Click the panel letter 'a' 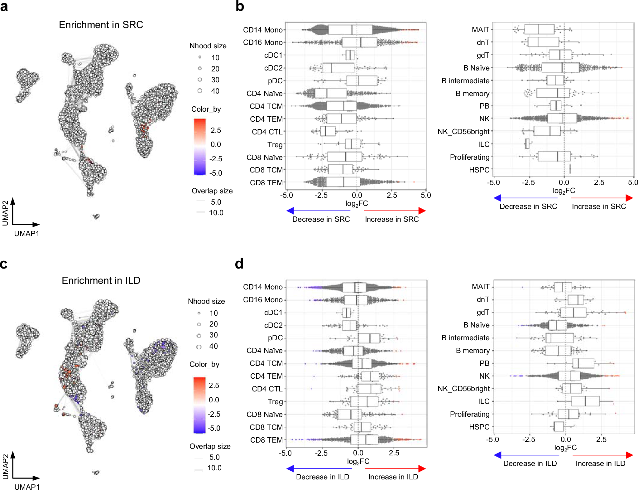tap(4, 7)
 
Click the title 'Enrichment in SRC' tap(101, 25)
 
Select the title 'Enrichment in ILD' tap(101, 280)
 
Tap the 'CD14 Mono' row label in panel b tap(262, 30)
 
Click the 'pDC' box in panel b tap(362, 81)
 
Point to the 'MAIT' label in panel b tap(480, 30)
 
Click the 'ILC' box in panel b tap(527, 144)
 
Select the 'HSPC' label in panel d tap(479, 427)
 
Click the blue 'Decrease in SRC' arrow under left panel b tap(318, 211)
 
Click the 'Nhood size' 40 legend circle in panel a tap(200, 91)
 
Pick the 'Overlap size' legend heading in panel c tap(210, 446)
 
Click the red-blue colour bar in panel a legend tap(200, 147)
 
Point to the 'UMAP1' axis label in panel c tap(27, 487)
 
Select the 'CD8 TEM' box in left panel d tap(364, 439)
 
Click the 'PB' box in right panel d tap(583, 363)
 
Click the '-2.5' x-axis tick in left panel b tap(321, 195)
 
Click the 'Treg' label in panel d tap(275, 401)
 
